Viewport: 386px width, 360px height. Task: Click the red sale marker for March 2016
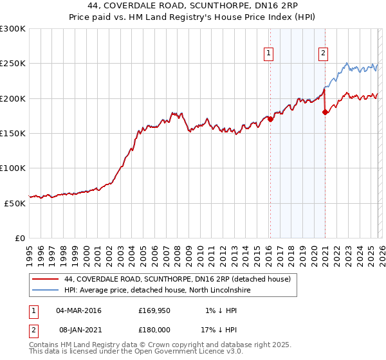270,119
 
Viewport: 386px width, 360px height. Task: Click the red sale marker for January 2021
325,112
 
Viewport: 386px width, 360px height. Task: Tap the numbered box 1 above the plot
268,53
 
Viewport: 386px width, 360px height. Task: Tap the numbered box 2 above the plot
323,53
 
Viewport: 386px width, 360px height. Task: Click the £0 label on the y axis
19,238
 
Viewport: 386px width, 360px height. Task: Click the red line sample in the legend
46,279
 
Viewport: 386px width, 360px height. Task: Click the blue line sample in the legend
46,291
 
